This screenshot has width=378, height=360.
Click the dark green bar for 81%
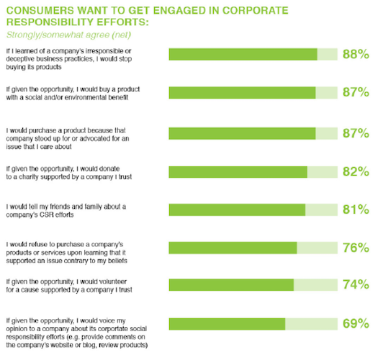pos(237,210)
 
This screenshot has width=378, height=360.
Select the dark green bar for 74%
pos(231,284)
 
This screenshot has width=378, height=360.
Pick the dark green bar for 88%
pos(243,55)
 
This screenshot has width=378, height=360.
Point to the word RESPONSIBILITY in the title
pos(52,22)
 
